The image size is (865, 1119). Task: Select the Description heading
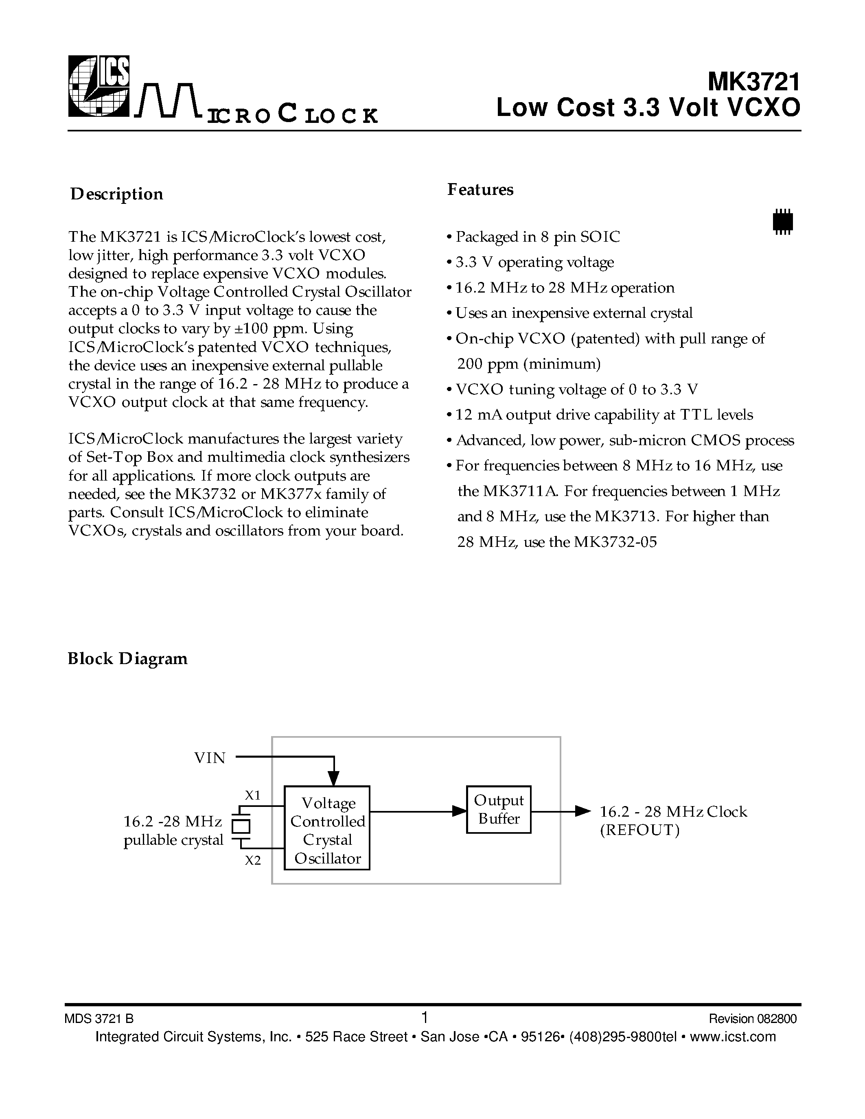coord(117,194)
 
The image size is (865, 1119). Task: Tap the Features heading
coord(480,190)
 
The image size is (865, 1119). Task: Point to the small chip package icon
coord(782,222)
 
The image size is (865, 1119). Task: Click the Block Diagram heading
coord(127,658)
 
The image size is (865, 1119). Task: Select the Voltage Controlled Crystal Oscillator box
coord(327,830)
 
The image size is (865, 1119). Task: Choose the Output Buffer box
coord(499,809)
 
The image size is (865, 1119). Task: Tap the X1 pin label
coord(253,796)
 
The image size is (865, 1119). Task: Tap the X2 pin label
coord(253,860)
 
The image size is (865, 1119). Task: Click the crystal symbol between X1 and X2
coord(240,826)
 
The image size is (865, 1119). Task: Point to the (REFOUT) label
coord(639,830)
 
